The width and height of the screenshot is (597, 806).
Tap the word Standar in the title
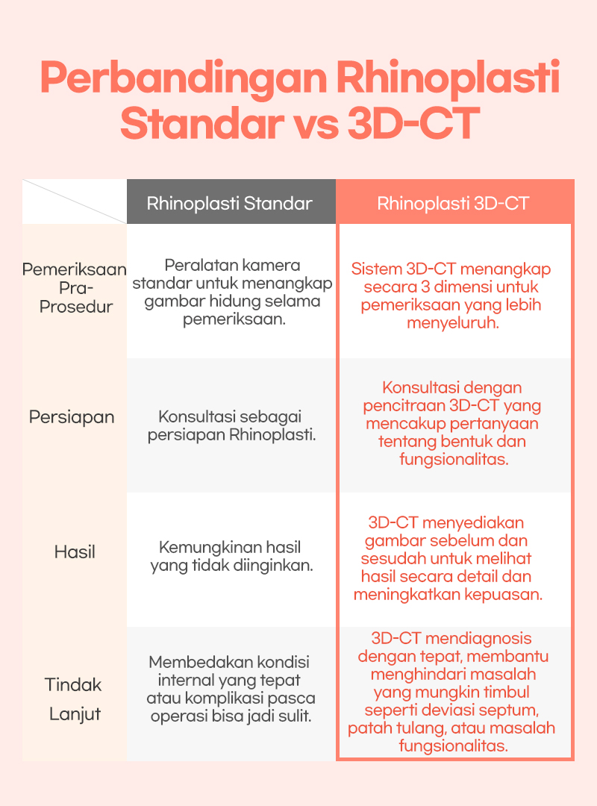(x=201, y=124)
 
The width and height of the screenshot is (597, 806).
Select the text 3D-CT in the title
(x=413, y=124)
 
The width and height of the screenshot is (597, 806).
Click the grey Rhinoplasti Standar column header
(x=231, y=202)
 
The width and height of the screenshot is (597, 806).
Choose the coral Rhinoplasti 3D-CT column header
(x=454, y=202)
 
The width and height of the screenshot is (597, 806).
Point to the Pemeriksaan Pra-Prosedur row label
(x=75, y=288)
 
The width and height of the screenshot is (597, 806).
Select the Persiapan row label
(x=72, y=417)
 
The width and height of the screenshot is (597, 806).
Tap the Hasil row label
(x=75, y=552)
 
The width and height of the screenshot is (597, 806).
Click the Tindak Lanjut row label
(x=74, y=699)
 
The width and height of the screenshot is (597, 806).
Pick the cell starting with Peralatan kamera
(x=232, y=292)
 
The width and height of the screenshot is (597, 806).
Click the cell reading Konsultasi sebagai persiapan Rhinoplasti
(x=231, y=425)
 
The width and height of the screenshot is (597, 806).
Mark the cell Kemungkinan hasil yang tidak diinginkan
(x=231, y=556)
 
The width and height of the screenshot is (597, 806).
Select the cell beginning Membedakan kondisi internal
(x=231, y=689)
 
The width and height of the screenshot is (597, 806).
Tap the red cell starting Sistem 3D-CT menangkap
(x=451, y=296)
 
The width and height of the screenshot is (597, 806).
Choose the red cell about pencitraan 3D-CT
(x=452, y=423)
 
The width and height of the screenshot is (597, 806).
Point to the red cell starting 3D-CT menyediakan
(x=448, y=558)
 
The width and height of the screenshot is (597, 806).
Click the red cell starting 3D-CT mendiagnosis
(x=451, y=692)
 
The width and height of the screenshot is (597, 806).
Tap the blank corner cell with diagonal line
(x=75, y=201)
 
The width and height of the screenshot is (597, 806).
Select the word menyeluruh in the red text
(x=453, y=323)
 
